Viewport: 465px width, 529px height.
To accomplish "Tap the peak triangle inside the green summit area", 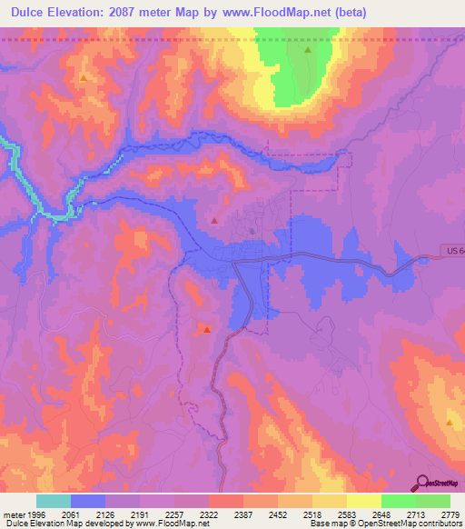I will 308,51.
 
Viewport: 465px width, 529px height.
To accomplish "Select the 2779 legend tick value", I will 450,514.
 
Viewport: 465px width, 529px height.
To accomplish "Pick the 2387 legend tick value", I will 242,514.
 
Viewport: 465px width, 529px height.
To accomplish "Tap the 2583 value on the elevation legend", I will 346,514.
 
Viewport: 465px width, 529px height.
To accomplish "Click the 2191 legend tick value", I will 141,514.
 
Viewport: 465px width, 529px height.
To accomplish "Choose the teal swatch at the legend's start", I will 54,501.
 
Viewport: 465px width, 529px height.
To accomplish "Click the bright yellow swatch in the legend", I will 363,501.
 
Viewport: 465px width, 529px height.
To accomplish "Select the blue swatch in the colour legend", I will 88,501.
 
